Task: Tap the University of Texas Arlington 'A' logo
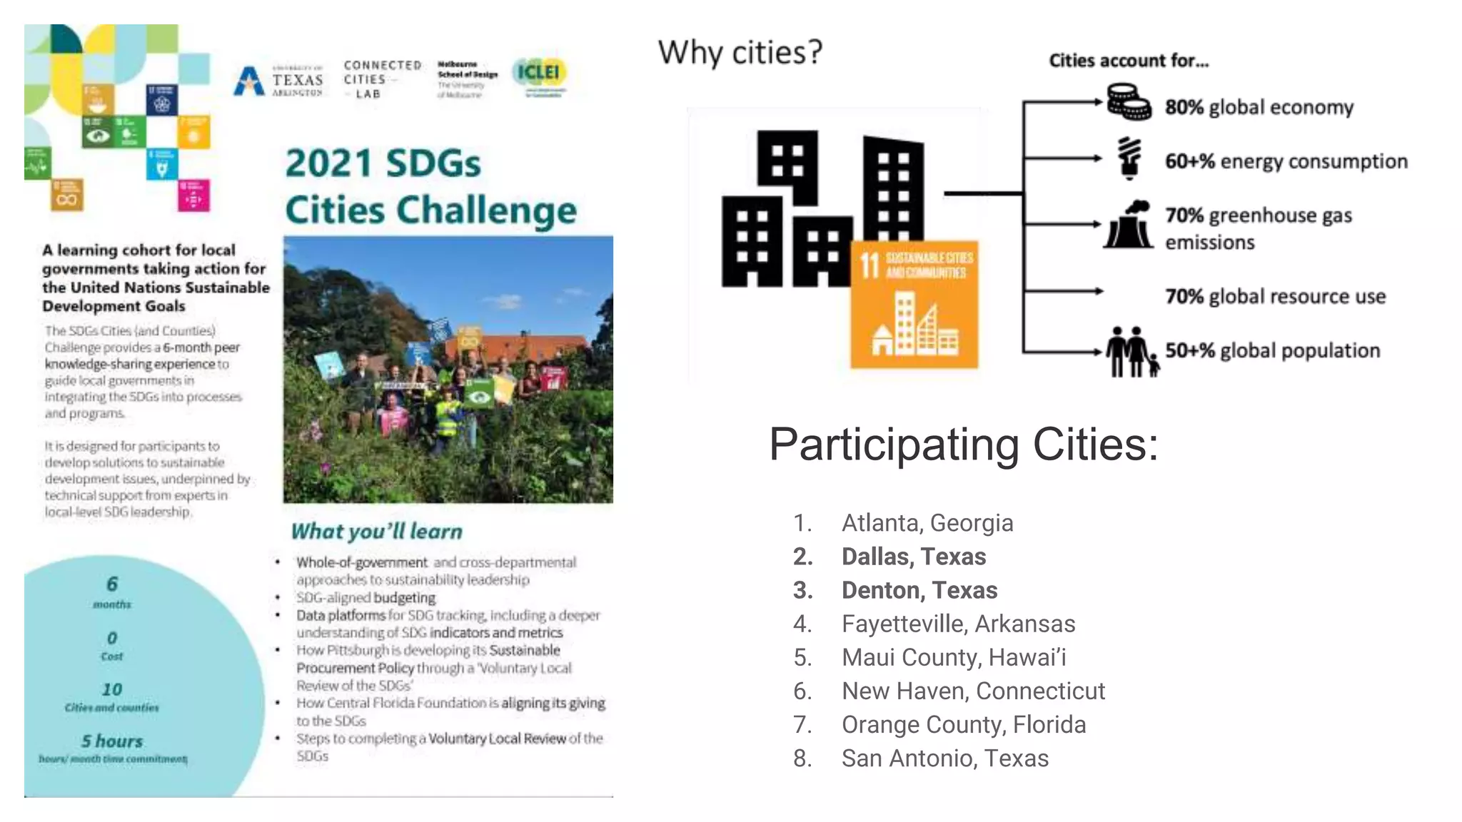tap(248, 81)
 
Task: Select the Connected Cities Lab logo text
tap(381, 79)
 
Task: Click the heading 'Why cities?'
tap(740, 53)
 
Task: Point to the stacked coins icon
tap(1128, 102)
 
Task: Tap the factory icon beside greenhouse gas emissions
tap(1129, 225)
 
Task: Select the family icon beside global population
tap(1131, 351)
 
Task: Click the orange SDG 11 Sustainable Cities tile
tap(914, 305)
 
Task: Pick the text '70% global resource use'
tap(1275, 296)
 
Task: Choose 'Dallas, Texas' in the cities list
tap(913, 557)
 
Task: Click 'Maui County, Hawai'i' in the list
tap(953, 657)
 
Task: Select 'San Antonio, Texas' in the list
tap(944, 758)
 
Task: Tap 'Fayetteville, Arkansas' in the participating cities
tap(958, 624)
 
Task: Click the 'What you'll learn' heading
tap(377, 532)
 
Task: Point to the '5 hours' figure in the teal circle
tap(112, 741)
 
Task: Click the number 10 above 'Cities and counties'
tap(112, 689)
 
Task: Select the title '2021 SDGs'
tap(383, 163)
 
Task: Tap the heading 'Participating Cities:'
tap(963, 445)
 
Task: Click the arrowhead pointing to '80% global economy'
tap(1099, 103)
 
